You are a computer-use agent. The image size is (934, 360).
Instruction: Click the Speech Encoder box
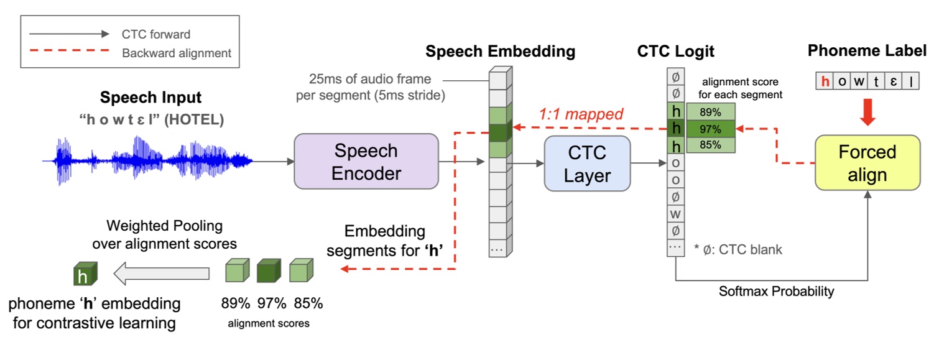pos(366,162)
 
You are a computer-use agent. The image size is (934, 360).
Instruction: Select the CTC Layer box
pos(587,164)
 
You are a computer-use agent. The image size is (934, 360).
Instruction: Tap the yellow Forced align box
pos(867,163)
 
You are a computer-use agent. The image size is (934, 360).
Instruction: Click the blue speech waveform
pos(147,160)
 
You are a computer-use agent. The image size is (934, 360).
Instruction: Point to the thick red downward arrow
pos(867,112)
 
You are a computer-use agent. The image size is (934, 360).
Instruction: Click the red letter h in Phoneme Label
pos(825,81)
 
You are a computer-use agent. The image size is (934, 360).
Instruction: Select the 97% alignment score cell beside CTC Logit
pos(711,129)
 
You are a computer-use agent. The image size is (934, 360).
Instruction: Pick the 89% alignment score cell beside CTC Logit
pos(711,112)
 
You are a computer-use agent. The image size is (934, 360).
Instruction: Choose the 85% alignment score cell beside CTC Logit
pos(711,145)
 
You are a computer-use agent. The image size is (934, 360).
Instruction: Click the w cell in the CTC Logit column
pos(675,214)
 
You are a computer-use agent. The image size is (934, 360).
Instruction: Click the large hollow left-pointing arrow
pos(161,274)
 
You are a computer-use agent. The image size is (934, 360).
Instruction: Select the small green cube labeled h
pos(85,274)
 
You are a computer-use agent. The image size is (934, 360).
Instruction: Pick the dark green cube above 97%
pos(269,270)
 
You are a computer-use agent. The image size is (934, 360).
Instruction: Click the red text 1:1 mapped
pos(581,114)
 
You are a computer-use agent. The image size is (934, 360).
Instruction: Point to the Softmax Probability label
pos(777,291)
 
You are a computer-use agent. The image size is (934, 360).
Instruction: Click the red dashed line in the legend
pos(69,51)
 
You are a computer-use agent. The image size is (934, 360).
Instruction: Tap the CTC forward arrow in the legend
pos(69,34)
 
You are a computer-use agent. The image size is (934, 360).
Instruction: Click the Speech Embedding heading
pos(501,52)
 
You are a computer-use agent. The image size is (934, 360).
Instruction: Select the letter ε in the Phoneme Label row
pos(894,81)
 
